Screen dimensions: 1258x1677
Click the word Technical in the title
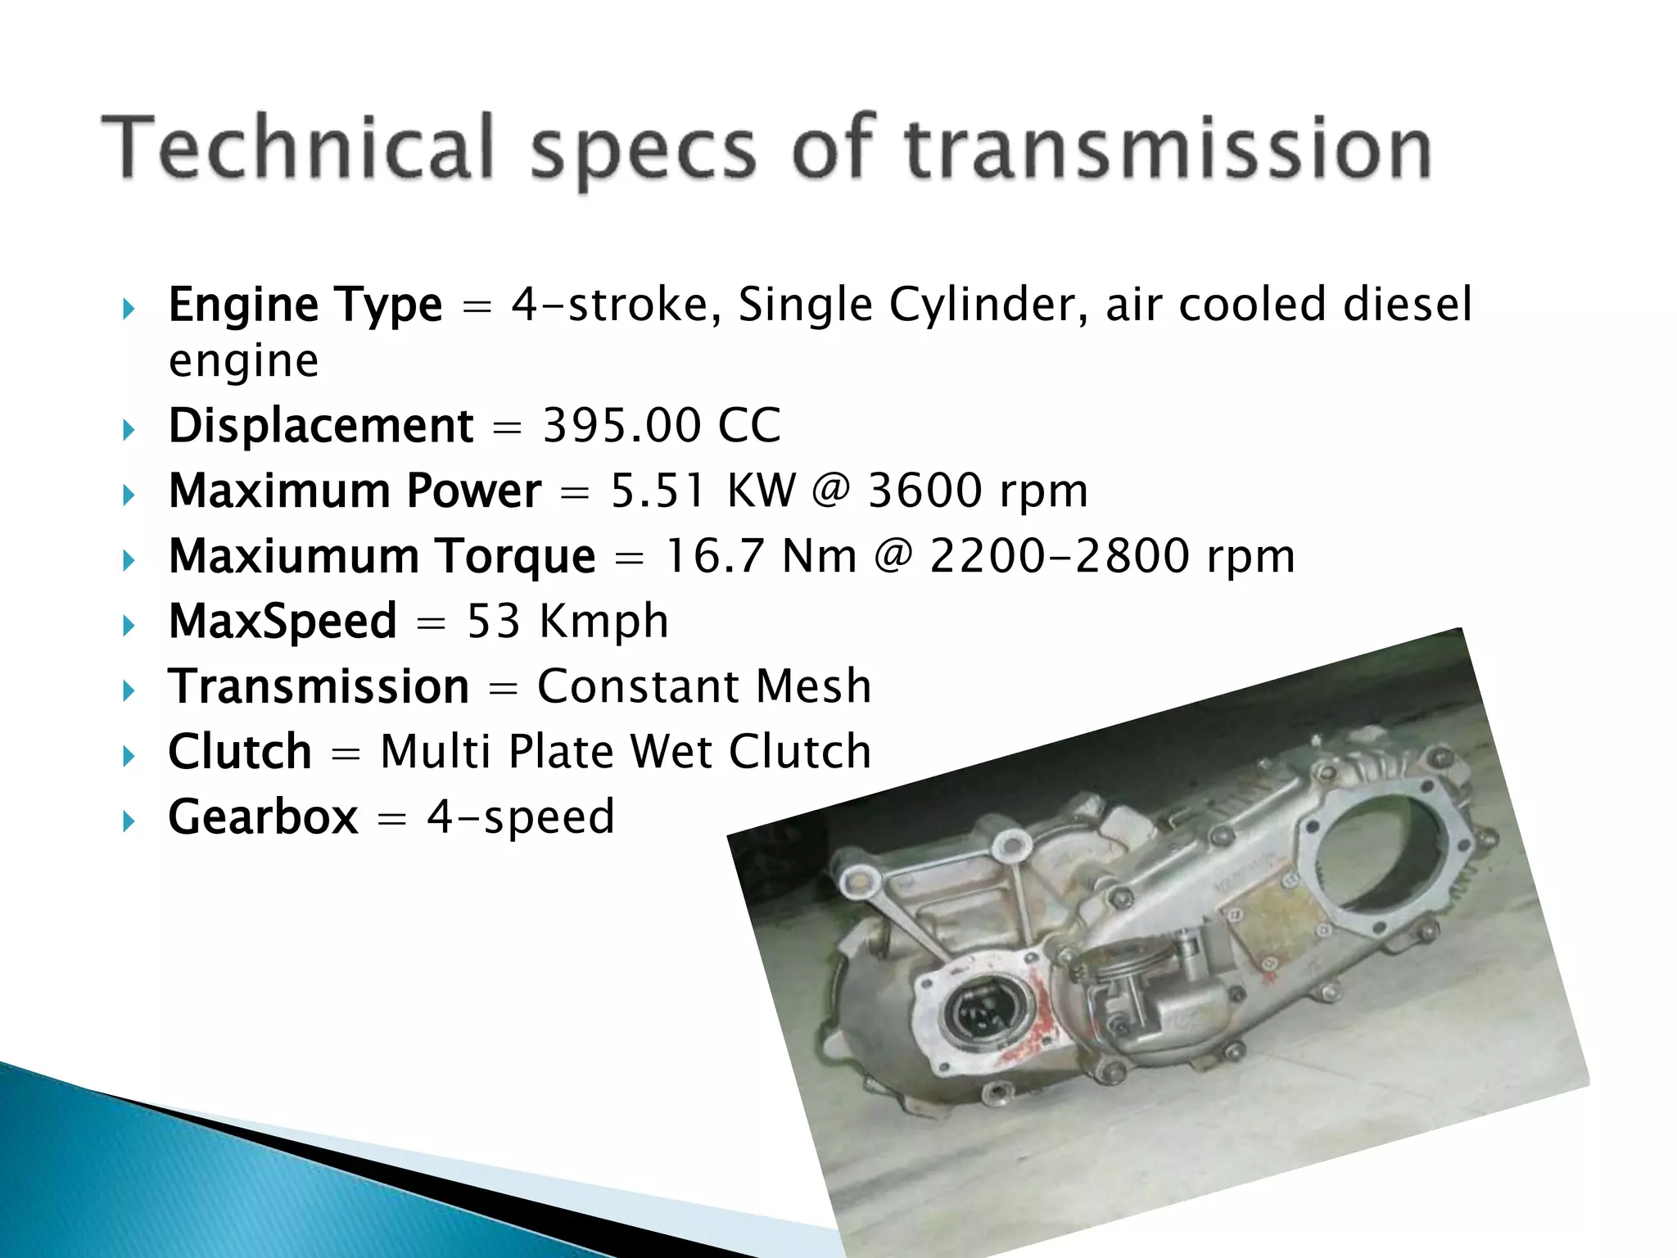298,147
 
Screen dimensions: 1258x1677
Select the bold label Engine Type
305,305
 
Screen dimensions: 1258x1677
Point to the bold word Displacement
321,426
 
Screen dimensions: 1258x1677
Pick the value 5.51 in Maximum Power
658,491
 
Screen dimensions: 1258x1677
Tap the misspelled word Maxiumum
293,556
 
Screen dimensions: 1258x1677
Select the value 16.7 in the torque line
711,556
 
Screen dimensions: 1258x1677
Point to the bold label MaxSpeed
283,621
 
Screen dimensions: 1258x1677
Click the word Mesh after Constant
813,686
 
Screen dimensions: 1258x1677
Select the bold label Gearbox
263,817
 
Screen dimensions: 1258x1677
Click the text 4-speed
521,817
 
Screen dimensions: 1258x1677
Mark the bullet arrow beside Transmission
128,690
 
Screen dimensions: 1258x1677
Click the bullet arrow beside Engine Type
128,310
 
